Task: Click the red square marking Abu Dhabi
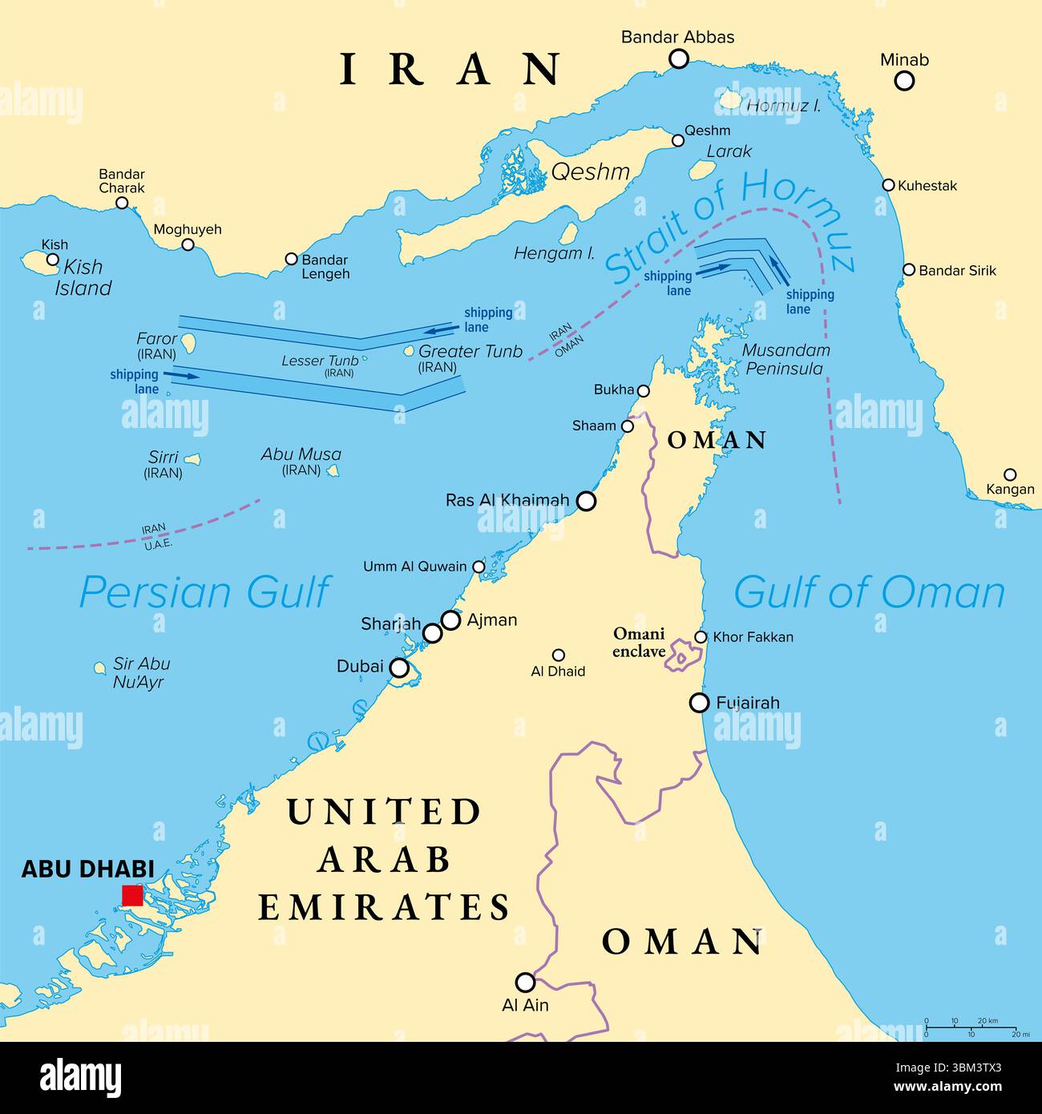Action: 131,895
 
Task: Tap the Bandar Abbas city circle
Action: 679,59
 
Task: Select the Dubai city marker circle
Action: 398,668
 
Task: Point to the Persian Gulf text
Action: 204,592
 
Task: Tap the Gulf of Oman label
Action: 869,592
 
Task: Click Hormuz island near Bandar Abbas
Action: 729,99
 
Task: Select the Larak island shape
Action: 702,170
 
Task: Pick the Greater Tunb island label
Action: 470,352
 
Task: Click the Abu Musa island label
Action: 301,454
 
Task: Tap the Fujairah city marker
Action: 700,703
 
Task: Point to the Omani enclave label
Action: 639,642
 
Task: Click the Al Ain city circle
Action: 525,982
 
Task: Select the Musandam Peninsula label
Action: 786,359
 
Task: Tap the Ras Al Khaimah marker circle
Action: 587,501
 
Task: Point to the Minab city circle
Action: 904,80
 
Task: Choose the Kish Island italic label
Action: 83,277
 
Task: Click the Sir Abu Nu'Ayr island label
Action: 141,672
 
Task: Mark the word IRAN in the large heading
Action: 450,69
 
